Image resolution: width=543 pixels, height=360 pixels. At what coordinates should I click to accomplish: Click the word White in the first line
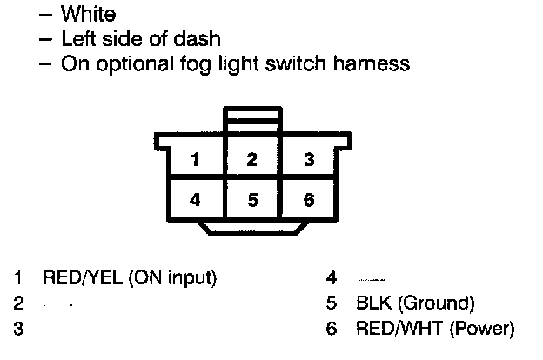88,15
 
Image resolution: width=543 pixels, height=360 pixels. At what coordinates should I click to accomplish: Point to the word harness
365,63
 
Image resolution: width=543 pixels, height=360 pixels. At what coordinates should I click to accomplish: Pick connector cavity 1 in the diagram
196,159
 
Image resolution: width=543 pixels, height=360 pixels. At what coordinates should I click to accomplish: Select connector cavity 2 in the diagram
252,159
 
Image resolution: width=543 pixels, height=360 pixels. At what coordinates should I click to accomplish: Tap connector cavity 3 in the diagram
309,159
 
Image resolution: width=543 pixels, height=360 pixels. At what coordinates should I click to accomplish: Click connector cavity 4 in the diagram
196,200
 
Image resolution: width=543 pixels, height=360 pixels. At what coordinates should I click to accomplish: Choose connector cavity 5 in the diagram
252,200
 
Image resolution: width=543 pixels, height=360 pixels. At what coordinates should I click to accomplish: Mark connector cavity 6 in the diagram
309,200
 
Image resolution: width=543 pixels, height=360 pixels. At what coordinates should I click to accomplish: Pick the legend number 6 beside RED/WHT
332,329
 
